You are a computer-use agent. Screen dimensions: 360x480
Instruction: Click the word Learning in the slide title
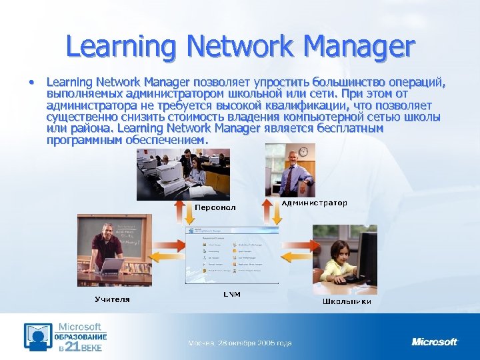point(119,47)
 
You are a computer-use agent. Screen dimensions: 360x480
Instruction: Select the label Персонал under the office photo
point(215,207)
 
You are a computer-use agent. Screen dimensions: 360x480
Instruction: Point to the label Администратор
point(314,203)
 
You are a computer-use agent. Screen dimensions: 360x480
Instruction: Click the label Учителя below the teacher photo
point(112,299)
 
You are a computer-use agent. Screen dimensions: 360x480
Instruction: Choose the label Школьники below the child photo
point(347,301)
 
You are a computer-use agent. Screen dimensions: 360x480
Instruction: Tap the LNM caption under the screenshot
point(231,293)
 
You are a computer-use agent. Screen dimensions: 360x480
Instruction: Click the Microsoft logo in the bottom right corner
point(435,342)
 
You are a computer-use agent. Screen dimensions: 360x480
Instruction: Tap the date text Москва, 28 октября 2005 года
point(239,343)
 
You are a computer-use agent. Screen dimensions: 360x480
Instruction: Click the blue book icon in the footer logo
point(38,337)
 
